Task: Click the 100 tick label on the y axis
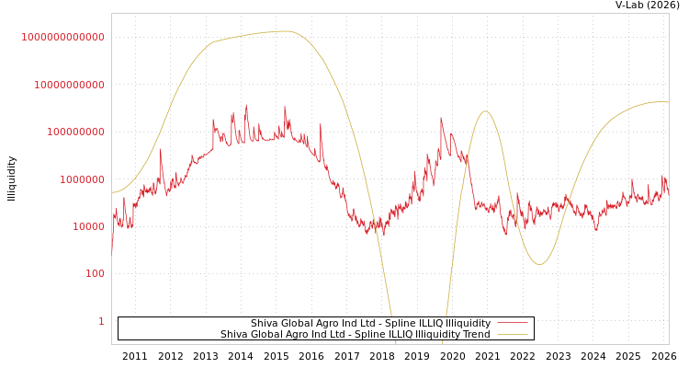point(96,274)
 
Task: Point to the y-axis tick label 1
point(101,321)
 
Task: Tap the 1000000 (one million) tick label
point(81,179)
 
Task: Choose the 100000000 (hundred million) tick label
point(75,132)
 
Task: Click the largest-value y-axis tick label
point(63,37)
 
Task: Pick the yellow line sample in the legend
point(513,335)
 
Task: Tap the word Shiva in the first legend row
point(265,324)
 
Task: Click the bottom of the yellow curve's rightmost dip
point(539,264)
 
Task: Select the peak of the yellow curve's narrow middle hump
point(485,111)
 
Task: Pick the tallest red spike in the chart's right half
point(441,118)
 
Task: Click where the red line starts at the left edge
point(112,250)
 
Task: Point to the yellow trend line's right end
point(668,102)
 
